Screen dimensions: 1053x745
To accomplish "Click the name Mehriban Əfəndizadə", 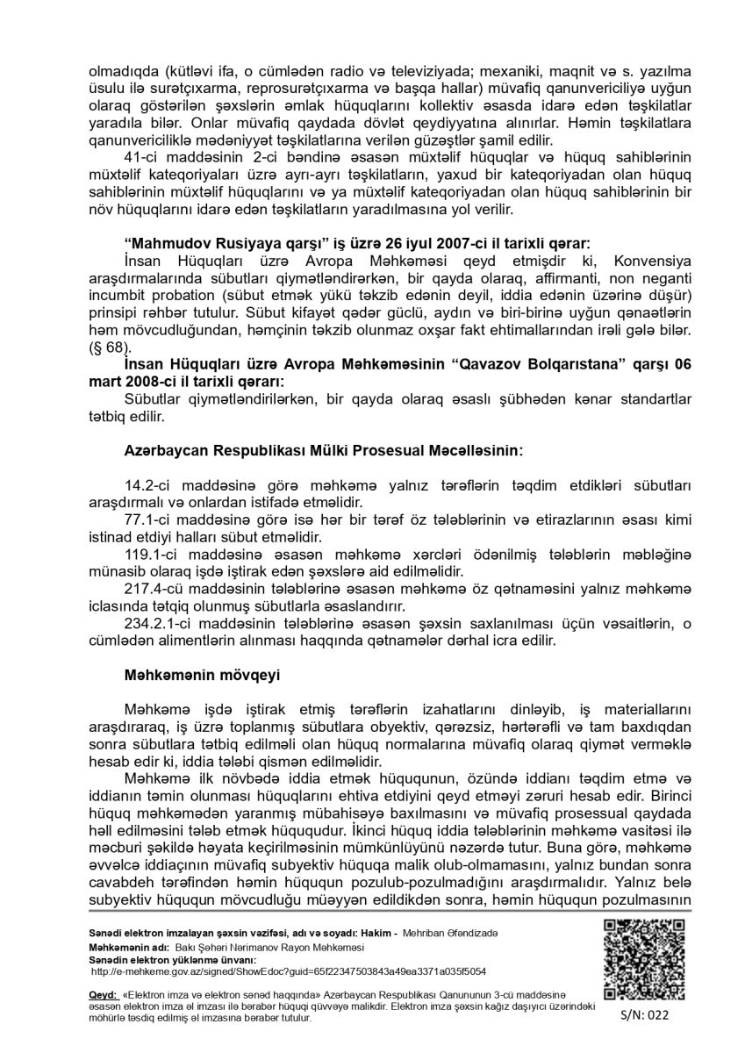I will [x=448, y=931].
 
